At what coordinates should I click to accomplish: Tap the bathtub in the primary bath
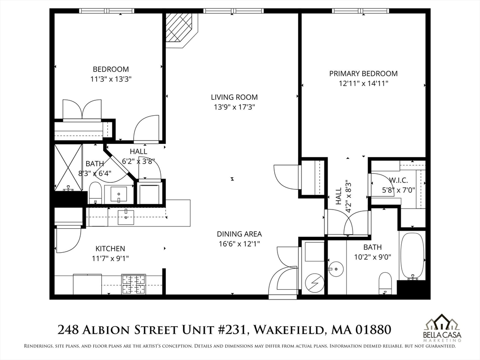click(412, 255)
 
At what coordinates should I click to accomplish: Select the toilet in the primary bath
click(385, 282)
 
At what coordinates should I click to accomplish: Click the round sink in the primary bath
click(336, 269)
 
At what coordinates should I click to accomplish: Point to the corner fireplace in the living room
click(180, 28)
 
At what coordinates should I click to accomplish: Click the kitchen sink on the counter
click(126, 217)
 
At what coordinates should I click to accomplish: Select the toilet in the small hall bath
click(95, 193)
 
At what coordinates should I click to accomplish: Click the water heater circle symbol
click(312, 282)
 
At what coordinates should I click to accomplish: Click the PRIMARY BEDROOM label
click(363, 74)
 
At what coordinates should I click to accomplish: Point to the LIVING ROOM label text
click(234, 97)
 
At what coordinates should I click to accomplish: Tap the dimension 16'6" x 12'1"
click(239, 243)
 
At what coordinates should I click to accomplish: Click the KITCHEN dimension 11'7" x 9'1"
click(110, 258)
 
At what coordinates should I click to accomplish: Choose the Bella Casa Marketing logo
click(441, 326)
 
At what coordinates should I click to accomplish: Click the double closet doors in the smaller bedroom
click(82, 110)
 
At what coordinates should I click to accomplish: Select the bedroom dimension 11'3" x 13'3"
click(111, 79)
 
